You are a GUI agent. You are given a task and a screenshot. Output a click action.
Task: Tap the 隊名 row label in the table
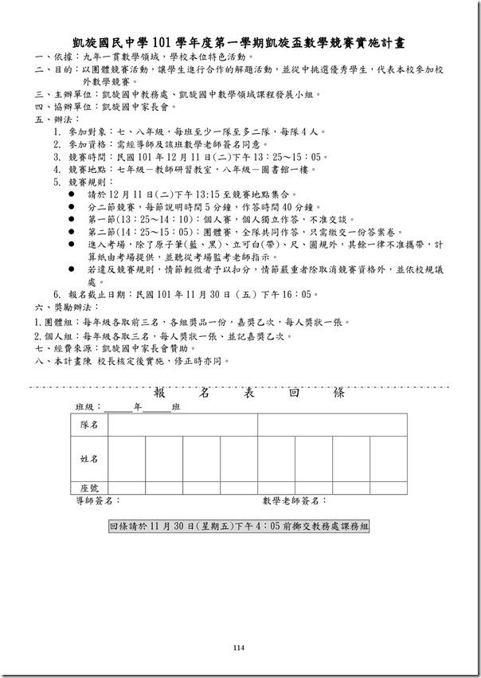pyautogui.click(x=89, y=425)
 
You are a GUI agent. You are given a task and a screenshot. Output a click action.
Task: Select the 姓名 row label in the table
pyautogui.click(x=89, y=459)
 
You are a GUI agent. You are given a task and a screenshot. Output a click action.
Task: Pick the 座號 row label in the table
pyautogui.click(x=89, y=488)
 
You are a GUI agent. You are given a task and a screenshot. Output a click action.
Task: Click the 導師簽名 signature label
pyautogui.click(x=97, y=501)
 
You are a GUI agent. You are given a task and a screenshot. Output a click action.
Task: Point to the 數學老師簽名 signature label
pyautogui.click(x=294, y=501)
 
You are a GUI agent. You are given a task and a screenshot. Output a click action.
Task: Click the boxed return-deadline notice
pyautogui.click(x=239, y=527)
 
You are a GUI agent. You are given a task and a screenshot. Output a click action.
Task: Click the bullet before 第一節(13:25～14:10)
pyautogui.click(x=72, y=219)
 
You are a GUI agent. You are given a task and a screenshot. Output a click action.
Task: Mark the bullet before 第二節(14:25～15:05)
pyautogui.click(x=72, y=232)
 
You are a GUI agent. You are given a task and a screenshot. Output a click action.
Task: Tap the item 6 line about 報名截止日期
pyautogui.click(x=183, y=295)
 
